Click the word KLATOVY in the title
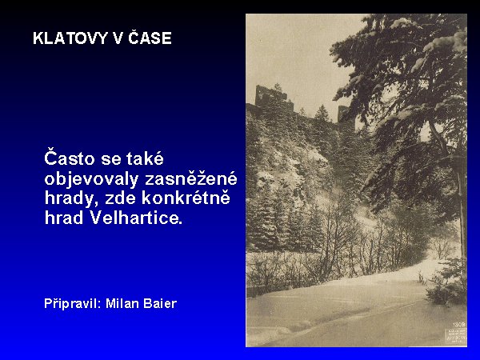click(70, 38)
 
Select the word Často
click(70, 158)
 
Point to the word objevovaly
click(91, 180)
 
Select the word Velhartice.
click(136, 218)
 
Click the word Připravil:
click(73, 303)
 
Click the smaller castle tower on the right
click(344, 114)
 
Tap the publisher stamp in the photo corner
click(456, 336)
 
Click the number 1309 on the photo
click(459, 324)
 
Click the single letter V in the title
click(118, 38)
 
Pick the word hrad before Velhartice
click(64, 218)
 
